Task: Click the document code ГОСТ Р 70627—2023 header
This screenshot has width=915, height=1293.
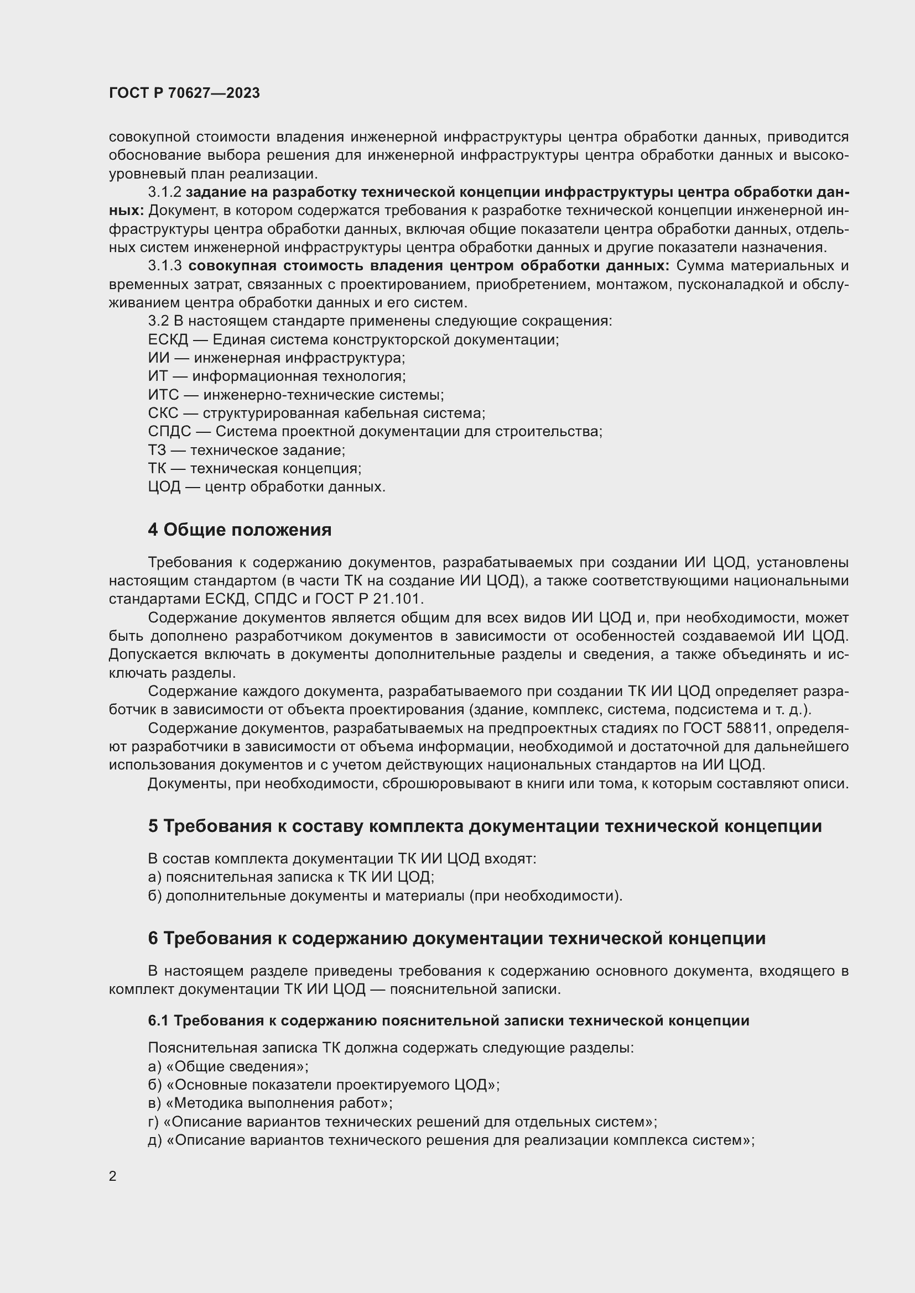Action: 184,93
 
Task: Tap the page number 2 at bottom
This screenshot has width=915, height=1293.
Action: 113,1176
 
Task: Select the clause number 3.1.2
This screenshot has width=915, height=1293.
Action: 164,192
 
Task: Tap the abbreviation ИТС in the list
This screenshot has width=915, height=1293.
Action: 163,395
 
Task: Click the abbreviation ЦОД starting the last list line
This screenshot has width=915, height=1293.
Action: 164,486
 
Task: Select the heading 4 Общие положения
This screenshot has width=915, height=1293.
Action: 240,530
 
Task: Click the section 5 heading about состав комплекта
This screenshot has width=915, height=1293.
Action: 485,826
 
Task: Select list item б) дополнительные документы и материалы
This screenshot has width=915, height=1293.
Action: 385,896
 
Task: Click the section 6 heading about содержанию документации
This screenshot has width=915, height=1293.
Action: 456,938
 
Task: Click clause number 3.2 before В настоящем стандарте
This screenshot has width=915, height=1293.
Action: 158,321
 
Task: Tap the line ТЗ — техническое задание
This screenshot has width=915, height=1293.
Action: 246,450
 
